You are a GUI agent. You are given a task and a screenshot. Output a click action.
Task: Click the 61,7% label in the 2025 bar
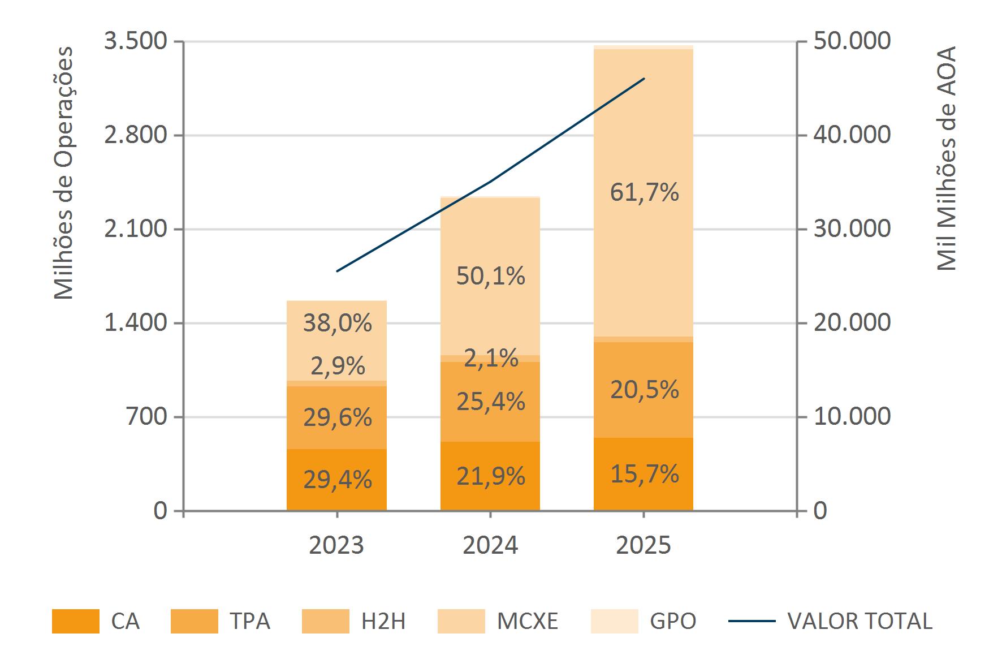pos(644,193)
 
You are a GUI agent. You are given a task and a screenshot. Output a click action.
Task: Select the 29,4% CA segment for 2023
pos(337,480)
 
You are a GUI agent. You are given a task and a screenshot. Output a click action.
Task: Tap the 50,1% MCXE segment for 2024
pos(490,276)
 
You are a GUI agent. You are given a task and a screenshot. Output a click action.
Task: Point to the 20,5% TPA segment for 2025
pos(644,390)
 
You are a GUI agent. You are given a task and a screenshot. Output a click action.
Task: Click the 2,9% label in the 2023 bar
pos(338,367)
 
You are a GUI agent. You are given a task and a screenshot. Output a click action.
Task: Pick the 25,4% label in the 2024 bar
pos(490,402)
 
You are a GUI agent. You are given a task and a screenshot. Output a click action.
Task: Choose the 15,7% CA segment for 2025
pos(644,473)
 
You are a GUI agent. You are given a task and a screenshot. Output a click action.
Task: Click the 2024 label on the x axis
pos(490,545)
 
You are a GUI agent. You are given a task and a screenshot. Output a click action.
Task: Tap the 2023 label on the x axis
pos(337,545)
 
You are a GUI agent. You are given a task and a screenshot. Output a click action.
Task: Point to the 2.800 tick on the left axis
pos(136,135)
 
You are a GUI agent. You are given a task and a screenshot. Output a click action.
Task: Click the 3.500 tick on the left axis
pos(136,41)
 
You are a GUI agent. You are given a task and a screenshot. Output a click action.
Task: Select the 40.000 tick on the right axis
pos(852,135)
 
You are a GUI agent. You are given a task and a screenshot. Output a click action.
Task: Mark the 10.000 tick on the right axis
pos(852,417)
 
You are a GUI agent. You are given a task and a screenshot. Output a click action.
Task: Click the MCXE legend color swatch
pos(461,621)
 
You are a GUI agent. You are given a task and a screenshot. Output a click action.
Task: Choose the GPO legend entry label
pos(673,621)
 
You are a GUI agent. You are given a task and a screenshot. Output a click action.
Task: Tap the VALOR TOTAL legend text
pos(860,621)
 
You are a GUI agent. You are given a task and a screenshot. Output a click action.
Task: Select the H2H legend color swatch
pos(326,621)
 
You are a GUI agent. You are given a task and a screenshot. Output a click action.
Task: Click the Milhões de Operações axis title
pos(64,173)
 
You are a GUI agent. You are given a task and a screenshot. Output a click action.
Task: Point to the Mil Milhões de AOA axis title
pos(946,158)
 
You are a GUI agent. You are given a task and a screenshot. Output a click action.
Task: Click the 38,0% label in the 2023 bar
pos(338,323)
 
